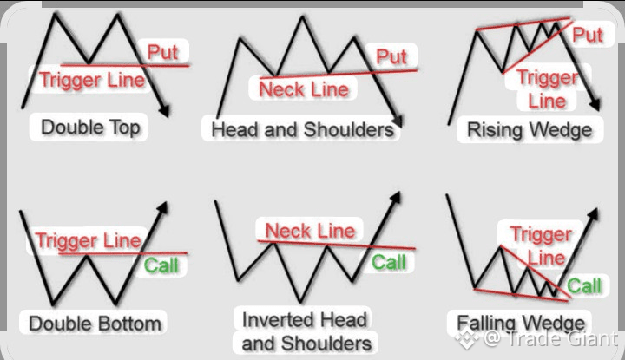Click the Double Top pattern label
tap(90, 128)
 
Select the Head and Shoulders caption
tap(302, 130)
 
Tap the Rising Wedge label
tap(530, 130)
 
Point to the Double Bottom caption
tap(95, 324)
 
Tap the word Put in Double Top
tap(162, 52)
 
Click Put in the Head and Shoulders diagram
tap(391, 58)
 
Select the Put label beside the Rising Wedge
tap(588, 36)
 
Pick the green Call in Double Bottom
tap(162, 265)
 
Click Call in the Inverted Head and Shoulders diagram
tap(389, 262)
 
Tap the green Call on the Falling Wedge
tap(584, 286)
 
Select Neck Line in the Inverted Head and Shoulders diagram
tap(310, 231)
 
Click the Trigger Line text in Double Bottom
tap(87, 240)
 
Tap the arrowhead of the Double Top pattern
tap(166, 111)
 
